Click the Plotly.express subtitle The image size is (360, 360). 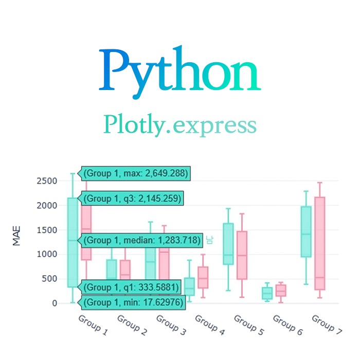click(180, 124)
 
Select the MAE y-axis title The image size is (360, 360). click(16, 238)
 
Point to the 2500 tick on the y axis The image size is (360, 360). click(47, 181)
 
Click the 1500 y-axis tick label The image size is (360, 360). click(47, 230)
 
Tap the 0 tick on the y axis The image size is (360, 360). click(54, 303)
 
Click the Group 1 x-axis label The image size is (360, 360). click(93, 325)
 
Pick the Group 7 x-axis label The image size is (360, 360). click(327, 325)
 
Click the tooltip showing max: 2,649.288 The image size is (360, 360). click(136, 173)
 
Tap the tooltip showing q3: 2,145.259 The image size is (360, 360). click(133, 199)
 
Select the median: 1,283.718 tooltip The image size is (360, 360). click(140, 240)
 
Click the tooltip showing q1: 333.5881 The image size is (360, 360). click(133, 287)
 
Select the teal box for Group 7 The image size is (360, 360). click(306, 231)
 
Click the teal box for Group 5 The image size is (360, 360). click(228, 244)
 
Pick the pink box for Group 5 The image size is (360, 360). click(242, 255)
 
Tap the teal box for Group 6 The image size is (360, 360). click(267, 293)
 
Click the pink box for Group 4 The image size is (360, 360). click(203, 277)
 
